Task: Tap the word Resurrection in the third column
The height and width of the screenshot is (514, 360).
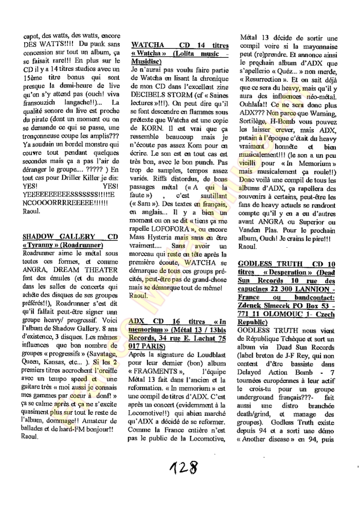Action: (266, 80)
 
